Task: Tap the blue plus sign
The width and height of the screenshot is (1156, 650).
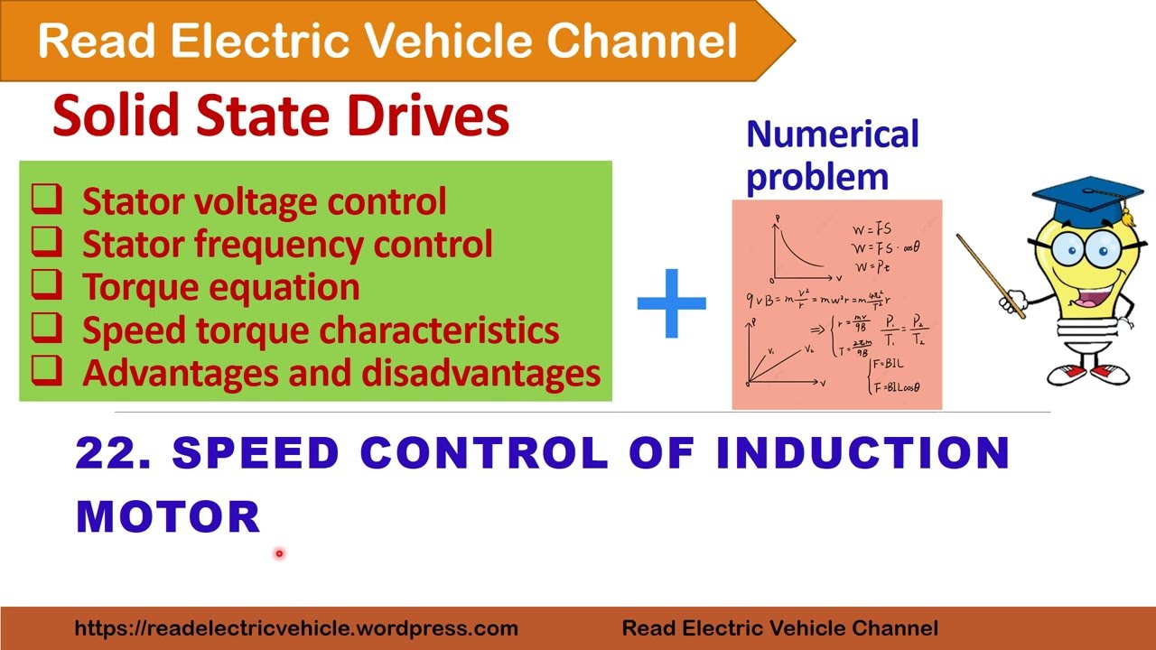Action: [x=671, y=303]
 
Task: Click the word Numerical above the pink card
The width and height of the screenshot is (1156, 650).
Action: [x=832, y=135]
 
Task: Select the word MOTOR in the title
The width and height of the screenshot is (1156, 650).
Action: [x=169, y=517]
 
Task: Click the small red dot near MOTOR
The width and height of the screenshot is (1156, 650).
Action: [x=279, y=553]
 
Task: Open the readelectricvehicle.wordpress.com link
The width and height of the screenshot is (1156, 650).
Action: [x=296, y=628]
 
